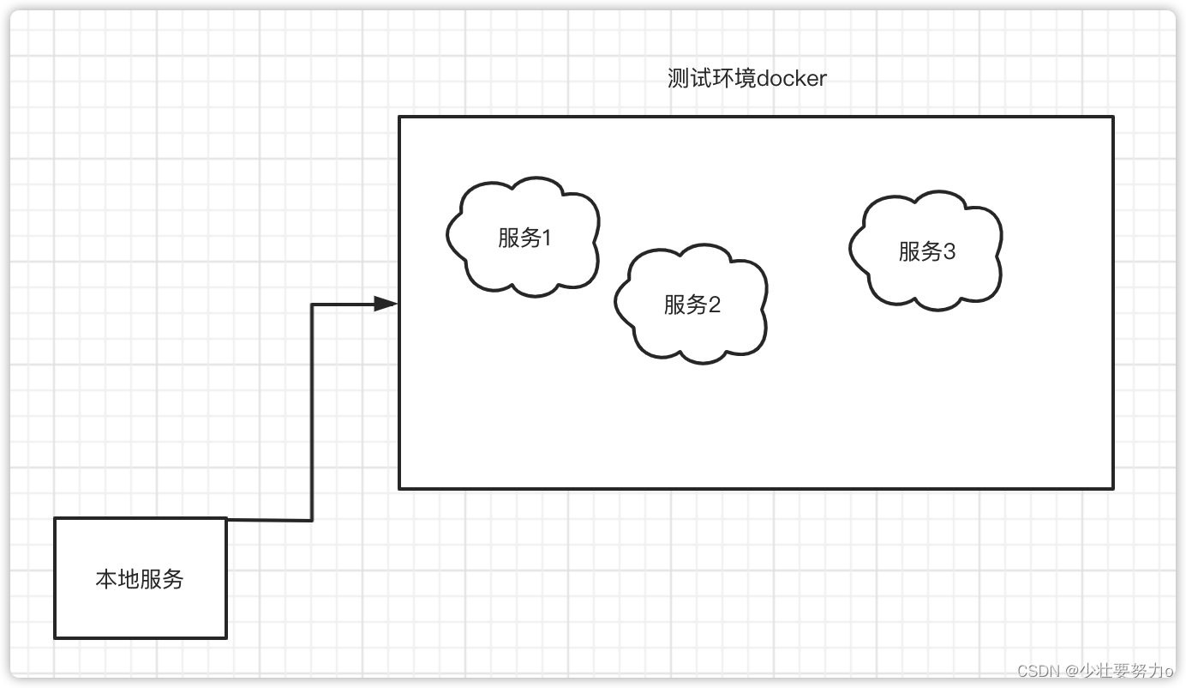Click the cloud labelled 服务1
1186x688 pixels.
click(x=523, y=237)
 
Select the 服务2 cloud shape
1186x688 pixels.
click(x=691, y=304)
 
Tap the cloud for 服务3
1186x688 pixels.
click(x=925, y=250)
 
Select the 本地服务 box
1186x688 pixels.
click(x=141, y=578)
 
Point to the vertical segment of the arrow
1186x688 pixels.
click(x=312, y=412)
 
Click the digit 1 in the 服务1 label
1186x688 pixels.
click(x=547, y=238)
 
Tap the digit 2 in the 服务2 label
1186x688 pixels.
click(x=714, y=305)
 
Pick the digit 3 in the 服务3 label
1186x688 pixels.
click(x=949, y=251)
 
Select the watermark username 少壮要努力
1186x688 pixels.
click(x=1122, y=670)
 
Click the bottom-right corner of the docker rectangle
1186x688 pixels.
click(x=1112, y=488)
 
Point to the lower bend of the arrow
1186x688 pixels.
click(x=312, y=520)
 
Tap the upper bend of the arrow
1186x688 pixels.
click(x=312, y=305)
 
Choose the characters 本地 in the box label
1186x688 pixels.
click(x=117, y=579)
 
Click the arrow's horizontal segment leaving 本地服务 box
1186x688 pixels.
click(x=269, y=520)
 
